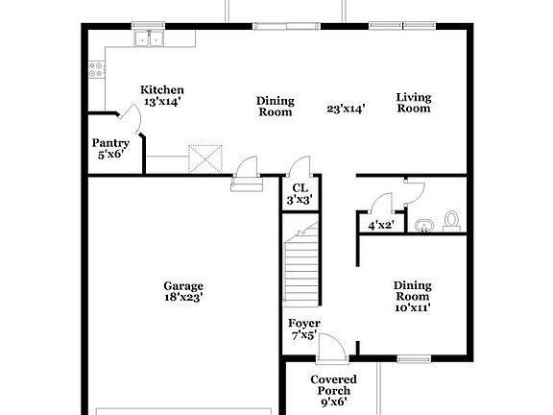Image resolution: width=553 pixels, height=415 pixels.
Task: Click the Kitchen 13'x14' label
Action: click(162, 95)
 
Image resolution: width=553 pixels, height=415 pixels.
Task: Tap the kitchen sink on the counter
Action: click(148, 39)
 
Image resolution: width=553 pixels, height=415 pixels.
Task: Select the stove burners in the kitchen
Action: click(97, 69)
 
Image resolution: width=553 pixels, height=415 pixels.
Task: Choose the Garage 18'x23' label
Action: click(182, 292)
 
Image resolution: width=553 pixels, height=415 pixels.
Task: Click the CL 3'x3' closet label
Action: click(299, 194)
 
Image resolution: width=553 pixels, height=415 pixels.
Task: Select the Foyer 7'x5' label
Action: click(304, 330)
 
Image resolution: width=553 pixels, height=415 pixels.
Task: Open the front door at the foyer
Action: click(332, 345)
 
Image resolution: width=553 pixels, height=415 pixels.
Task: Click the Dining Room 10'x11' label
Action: click(412, 297)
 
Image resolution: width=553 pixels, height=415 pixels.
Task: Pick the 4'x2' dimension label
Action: click(382, 226)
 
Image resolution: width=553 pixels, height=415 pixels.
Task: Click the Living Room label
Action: click(415, 103)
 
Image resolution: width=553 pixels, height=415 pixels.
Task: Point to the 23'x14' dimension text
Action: click(346, 110)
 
